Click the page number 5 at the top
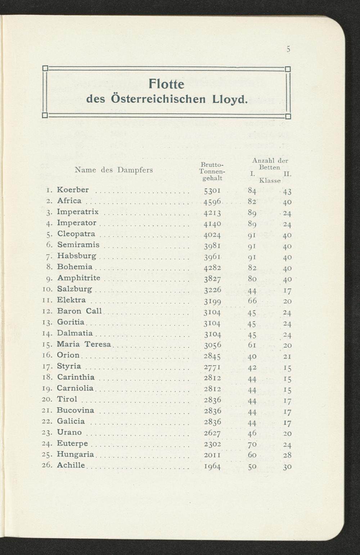pos(288,49)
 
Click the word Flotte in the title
pos(166,84)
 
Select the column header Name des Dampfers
pos(114,170)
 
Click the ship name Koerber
pos(73,190)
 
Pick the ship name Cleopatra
pos(76,234)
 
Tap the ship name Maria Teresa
pos(84,344)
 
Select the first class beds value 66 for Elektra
pos(252,300)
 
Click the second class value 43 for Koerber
pos(287,192)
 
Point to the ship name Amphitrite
pos(79,278)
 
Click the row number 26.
pos(48,465)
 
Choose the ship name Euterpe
pos(72,443)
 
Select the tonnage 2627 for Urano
pos(212,433)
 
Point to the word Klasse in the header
pos(270,180)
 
